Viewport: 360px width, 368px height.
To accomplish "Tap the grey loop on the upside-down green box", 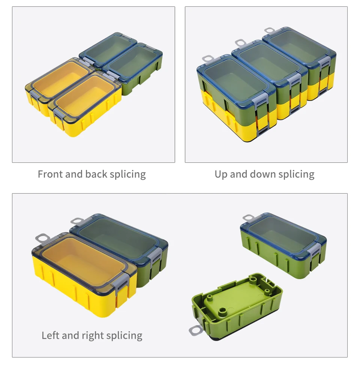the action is click(196, 330).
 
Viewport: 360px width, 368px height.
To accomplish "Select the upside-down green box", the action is click(237, 306).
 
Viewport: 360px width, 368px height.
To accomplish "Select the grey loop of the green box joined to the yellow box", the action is click(78, 221).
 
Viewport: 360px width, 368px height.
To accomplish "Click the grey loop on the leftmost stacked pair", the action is click(208, 59).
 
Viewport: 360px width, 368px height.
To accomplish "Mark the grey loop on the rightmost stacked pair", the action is click(270, 31).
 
